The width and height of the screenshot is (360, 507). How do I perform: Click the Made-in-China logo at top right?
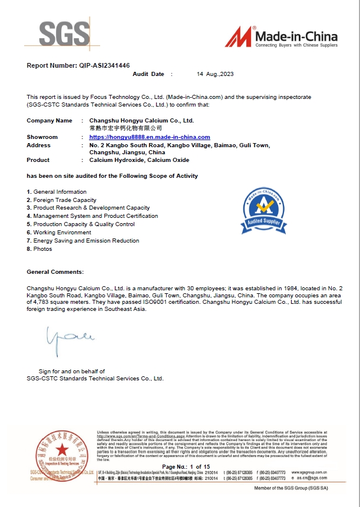pyautogui.click(x=282, y=37)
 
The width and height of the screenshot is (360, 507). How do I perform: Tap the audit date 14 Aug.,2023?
pyautogui.click(x=216, y=75)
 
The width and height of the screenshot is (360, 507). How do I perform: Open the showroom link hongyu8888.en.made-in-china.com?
pyautogui.click(x=146, y=137)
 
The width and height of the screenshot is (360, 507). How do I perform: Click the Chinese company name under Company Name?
pyautogui.click(x=120, y=128)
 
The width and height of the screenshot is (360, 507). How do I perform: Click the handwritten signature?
pyautogui.click(x=63, y=337)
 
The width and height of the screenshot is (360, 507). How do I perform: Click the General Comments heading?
pyautogui.click(x=55, y=272)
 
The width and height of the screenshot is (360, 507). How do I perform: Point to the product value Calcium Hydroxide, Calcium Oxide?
pyautogui.click(x=139, y=160)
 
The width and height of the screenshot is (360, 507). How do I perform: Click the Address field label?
pyautogui.click(x=39, y=145)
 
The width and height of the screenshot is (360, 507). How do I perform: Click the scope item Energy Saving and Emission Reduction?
pyautogui.click(x=86, y=241)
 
